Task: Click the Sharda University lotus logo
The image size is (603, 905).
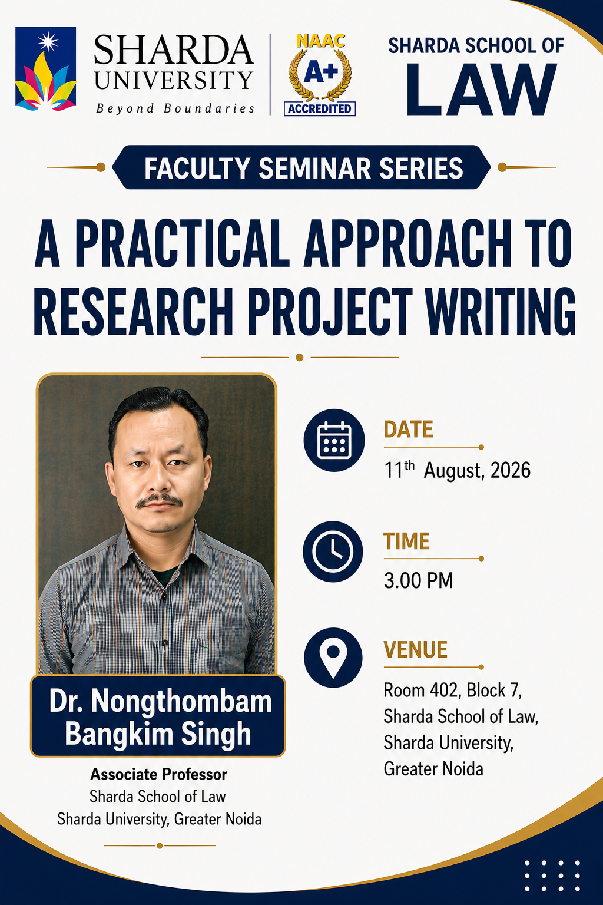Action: click(x=46, y=69)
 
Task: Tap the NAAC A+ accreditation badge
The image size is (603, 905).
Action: click(x=320, y=75)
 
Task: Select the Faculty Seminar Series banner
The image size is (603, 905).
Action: click(x=301, y=167)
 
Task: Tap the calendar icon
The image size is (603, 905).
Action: click(x=334, y=440)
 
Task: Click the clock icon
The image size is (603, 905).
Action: click(x=333, y=551)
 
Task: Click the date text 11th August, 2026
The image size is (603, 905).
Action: click(x=457, y=470)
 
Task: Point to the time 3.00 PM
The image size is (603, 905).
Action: click(x=419, y=580)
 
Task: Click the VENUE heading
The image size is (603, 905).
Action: click(x=416, y=649)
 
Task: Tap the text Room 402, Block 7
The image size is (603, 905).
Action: click(x=453, y=690)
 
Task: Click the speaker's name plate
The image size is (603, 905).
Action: click(x=158, y=715)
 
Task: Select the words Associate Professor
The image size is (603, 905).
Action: click(x=159, y=774)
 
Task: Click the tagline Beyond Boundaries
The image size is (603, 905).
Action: click(x=175, y=108)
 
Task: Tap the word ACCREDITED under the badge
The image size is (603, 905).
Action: click(x=320, y=108)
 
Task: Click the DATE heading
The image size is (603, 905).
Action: click(x=408, y=429)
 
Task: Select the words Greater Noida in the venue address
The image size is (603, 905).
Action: click(x=433, y=769)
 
